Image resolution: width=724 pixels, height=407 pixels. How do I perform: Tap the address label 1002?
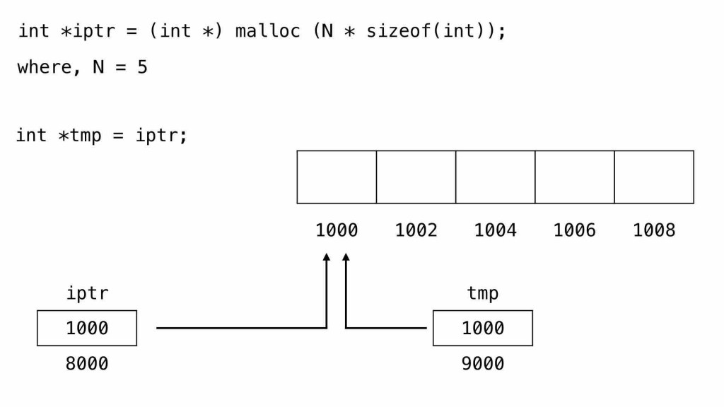[x=416, y=230]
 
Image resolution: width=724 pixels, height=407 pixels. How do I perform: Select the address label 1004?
[x=495, y=230]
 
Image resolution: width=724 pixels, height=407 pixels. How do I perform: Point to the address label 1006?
[x=574, y=230]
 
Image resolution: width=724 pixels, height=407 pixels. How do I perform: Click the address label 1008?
[x=654, y=230]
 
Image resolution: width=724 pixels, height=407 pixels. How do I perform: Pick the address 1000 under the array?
[x=337, y=230]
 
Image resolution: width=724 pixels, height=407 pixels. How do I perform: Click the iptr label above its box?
[x=87, y=293]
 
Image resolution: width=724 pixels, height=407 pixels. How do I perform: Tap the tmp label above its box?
[x=483, y=293]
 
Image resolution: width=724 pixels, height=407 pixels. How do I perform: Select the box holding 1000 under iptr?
[x=87, y=328]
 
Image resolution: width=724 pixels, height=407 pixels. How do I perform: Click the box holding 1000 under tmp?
[x=483, y=328]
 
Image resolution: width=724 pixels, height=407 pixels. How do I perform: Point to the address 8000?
[x=87, y=363]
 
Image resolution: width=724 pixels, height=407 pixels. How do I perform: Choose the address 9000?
[x=483, y=363]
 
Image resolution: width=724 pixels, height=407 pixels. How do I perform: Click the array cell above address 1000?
[x=337, y=177]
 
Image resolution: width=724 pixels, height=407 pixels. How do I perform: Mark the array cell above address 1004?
[x=495, y=177]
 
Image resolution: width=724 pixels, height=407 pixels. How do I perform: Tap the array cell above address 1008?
[x=654, y=177]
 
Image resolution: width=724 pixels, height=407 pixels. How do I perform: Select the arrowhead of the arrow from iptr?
[x=327, y=259]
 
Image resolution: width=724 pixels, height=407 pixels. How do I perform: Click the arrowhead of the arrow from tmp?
[x=346, y=259]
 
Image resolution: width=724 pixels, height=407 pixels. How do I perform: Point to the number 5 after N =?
[x=142, y=67]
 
